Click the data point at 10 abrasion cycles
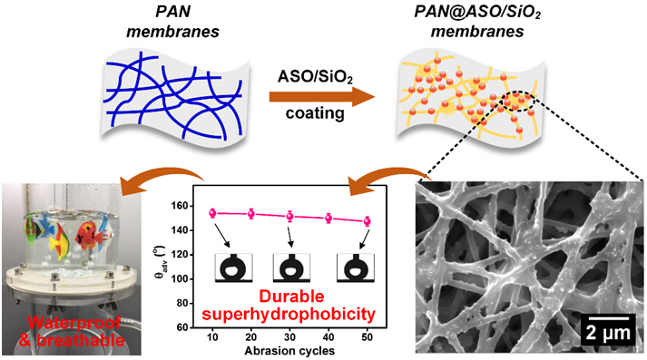tap(212, 213)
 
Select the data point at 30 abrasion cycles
tap(289, 216)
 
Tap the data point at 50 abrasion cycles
tap(367, 221)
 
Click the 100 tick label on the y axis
tap(180, 278)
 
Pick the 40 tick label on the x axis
tap(328, 337)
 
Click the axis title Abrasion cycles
tap(289, 351)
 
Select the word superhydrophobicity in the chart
tap(289, 315)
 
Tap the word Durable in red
tap(291, 297)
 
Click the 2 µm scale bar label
tap(608, 333)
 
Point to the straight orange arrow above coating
tap(322, 97)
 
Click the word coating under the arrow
tap(315, 113)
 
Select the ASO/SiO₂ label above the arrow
tap(315, 77)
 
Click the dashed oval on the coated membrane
tap(518, 101)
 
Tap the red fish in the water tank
tap(89, 236)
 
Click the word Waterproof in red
tap(74, 323)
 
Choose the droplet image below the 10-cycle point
tap(233, 268)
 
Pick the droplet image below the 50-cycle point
tap(356, 268)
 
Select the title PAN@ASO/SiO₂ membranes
tap(477, 22)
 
